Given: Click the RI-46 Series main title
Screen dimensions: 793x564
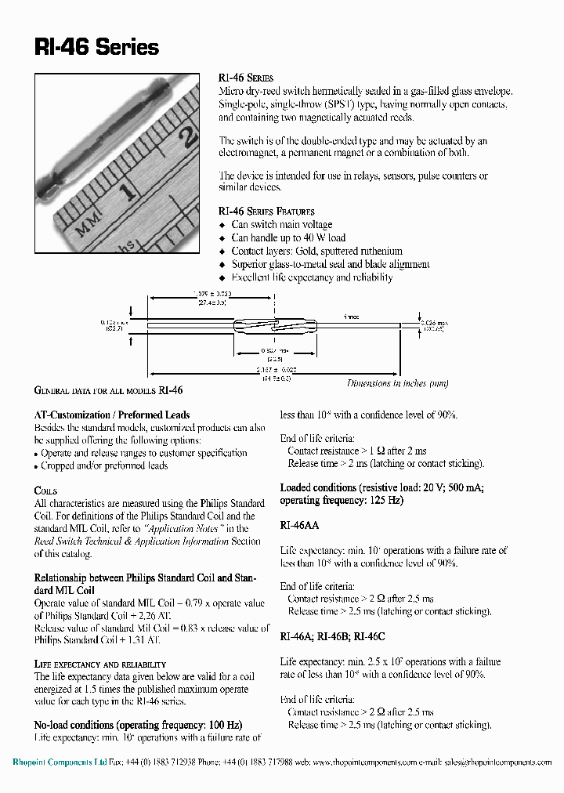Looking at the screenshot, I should point(97,48).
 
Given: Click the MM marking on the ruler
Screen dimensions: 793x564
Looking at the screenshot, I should point(85,227).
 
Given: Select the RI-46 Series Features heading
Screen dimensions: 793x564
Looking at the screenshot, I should point(266,212).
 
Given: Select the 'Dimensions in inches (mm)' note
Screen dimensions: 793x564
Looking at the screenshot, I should point(398,383).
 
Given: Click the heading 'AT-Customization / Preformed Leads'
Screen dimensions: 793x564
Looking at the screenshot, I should point(112,415).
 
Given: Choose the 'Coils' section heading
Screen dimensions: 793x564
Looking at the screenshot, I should point(46,491).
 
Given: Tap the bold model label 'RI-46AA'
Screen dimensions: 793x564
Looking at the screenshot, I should point(299,525).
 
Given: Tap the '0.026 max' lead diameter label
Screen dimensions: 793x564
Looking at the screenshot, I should point(432,322).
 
